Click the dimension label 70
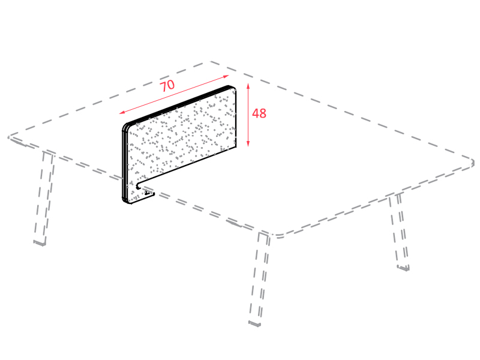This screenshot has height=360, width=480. pos(167,86)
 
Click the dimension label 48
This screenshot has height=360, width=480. pos(259,113)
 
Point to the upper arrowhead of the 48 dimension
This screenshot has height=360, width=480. pos(248,85)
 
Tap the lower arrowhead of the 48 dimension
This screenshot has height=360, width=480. pos(248,143)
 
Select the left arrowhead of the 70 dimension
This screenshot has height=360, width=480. pos(122,112)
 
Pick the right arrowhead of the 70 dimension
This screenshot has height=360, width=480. pos(226,76)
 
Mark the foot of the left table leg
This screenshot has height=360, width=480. pos(40,244)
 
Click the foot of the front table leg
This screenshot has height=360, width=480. pos(254,323)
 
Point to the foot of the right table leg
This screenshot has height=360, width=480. pos(403,268)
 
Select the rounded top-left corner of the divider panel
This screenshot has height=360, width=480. pos(126,126)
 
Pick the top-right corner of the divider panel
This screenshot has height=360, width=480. pos(233,88)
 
